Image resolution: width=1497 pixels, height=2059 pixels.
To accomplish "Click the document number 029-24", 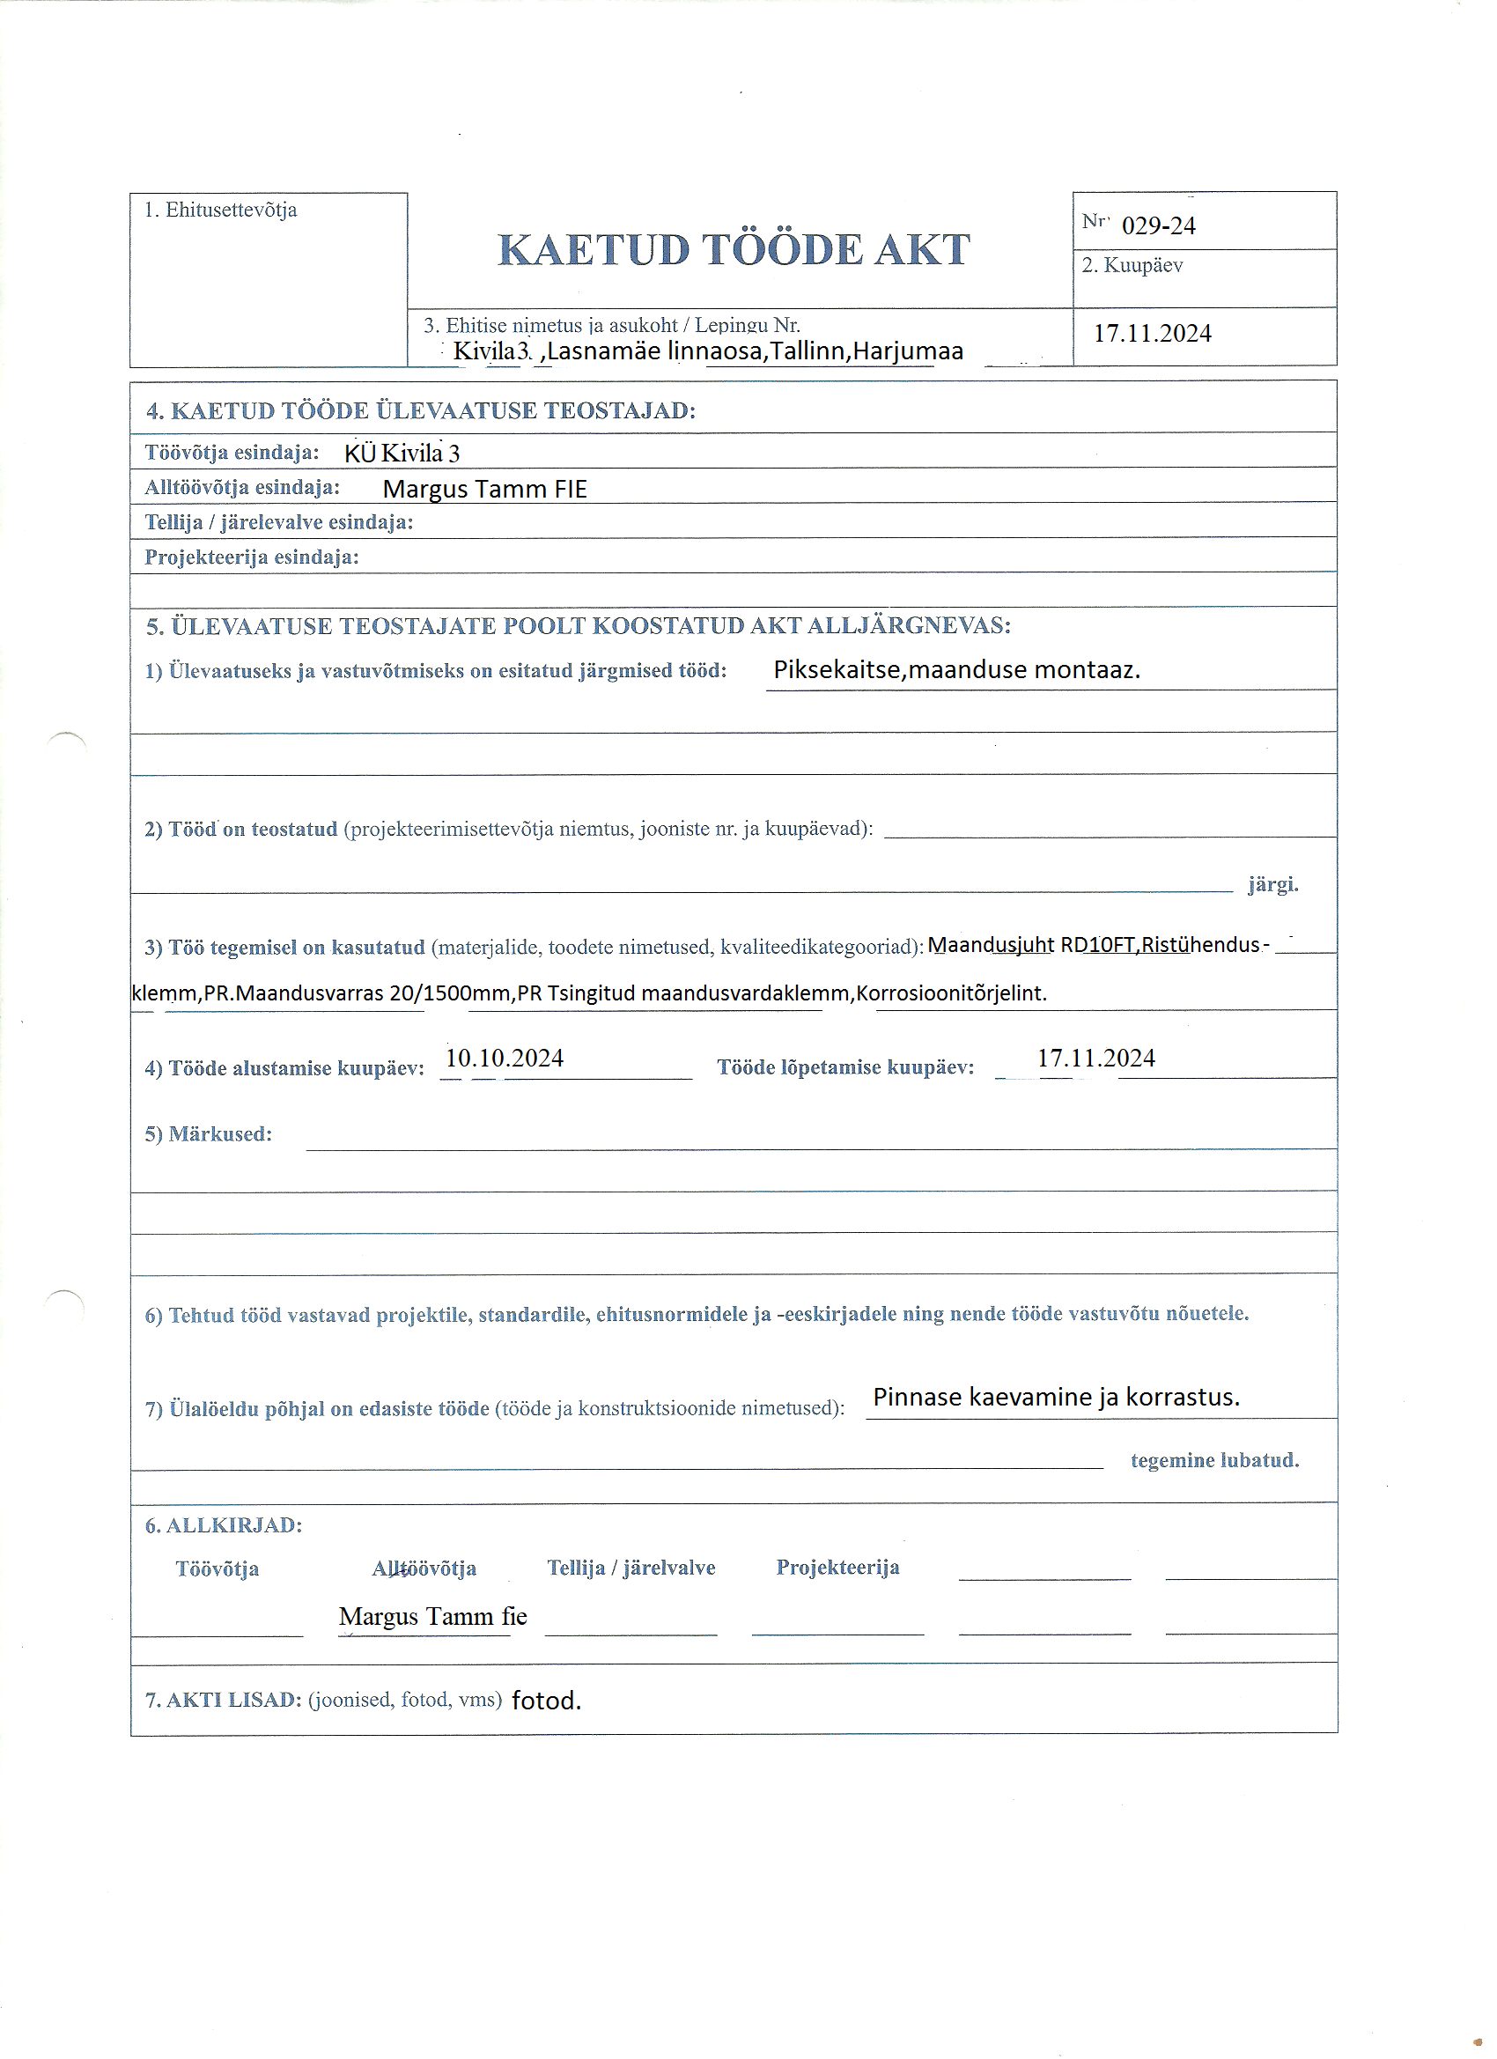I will click(x=1158, y=225).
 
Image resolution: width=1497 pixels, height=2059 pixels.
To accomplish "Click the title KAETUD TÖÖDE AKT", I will click(x=734, y=251).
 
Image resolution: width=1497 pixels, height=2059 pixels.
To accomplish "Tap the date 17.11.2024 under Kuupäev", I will click(x=1152, y=333).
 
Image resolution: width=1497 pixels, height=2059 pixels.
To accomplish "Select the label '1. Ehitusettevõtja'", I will click(x=221, y=210).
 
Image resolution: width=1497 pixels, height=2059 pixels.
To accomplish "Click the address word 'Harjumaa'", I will click(x=908, y=351).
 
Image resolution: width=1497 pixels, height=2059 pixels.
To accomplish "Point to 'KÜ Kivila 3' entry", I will click(x=402, y=453).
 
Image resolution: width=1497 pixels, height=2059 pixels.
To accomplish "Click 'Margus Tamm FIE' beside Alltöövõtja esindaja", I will click(x=485, y=490).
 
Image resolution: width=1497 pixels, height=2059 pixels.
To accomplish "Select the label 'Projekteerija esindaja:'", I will click(x=252, y=557).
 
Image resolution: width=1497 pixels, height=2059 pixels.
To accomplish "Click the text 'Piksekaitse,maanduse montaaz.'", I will click(x=957, y=670).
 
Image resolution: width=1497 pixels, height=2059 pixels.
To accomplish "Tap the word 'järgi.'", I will click(x=1272, y=884).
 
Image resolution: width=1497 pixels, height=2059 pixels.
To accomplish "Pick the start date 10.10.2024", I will click(x=505, y=1059).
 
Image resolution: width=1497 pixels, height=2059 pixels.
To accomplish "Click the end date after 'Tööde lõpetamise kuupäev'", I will click(x=1095, y=1059).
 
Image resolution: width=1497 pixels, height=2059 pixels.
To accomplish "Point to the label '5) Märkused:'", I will click(x=209, y=1135).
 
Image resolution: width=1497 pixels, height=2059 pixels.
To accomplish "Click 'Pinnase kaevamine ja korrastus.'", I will click(x=1056, y=1397).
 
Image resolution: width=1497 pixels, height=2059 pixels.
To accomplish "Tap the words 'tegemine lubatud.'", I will click(x=1214, y=1461).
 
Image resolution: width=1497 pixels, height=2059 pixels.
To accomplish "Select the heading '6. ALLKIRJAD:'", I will click(x=224, y=1526).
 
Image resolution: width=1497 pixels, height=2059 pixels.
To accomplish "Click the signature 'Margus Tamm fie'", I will click(x=433, y=1617).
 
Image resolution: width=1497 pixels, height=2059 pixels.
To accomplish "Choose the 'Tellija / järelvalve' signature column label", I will click(x=631, y=1568).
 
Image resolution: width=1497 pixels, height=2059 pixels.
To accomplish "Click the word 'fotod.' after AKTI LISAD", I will click(x=547, y=1701).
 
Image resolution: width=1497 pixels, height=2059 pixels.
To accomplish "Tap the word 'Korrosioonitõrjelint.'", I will click(x=951, y=993).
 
